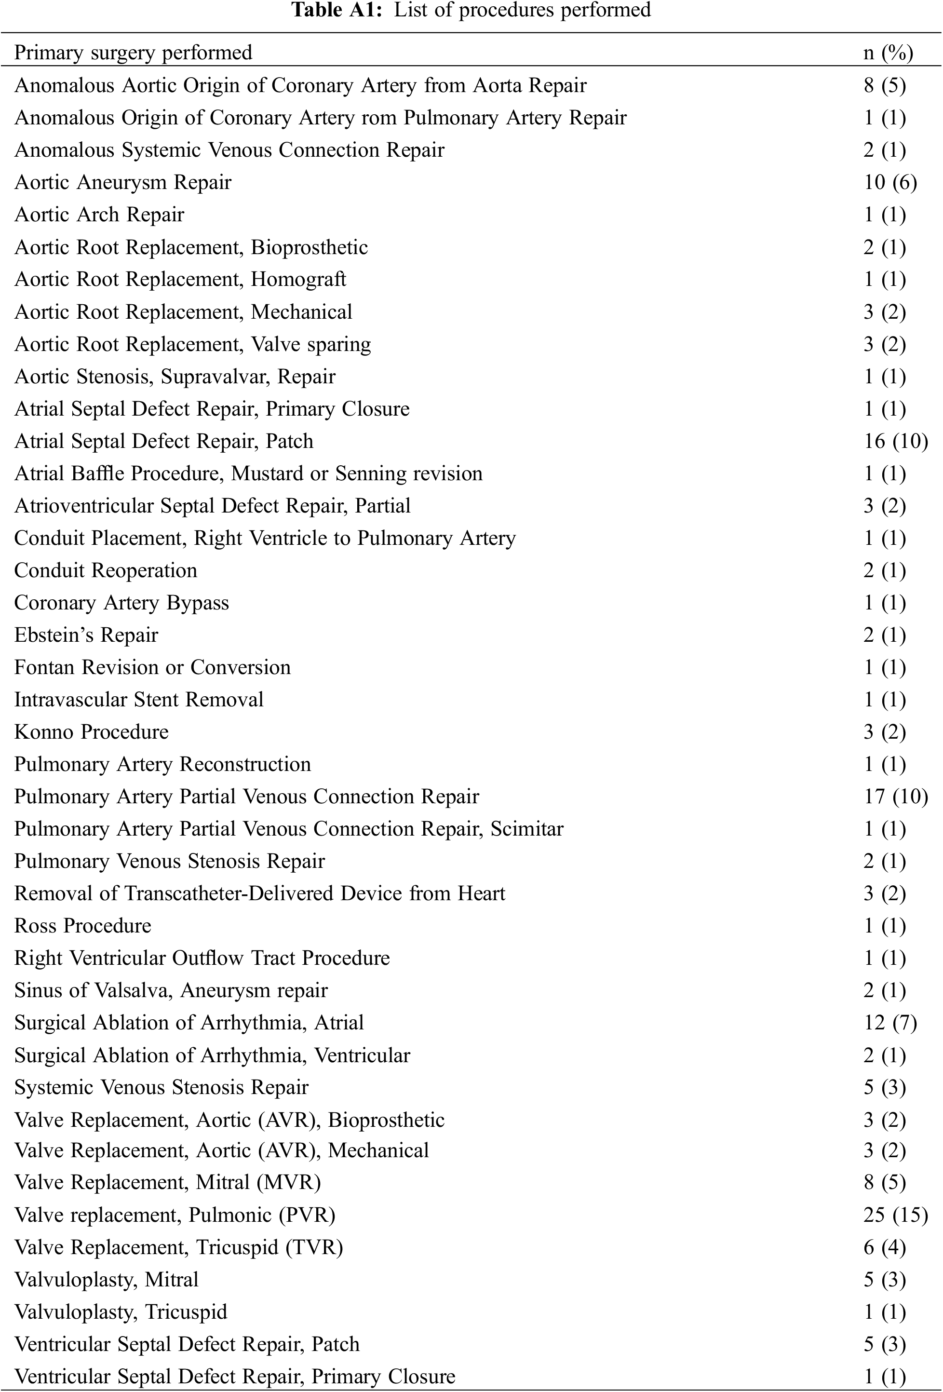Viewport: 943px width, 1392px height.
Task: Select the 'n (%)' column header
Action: coord(888,53)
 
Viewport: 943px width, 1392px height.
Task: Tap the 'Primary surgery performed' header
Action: coord(133,53)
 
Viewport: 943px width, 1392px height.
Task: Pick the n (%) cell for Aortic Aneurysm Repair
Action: coord(889,182)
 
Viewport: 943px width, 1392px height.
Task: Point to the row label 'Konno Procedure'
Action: coord(91,732)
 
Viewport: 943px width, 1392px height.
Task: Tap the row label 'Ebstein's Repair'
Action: coord(86,635)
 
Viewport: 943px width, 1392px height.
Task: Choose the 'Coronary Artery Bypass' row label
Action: coord(121,603)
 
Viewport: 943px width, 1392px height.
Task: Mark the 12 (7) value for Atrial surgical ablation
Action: coord(889,1023)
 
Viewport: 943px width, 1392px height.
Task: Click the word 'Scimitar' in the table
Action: coord(527,829)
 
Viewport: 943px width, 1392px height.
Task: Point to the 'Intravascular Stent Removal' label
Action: coord(139,700)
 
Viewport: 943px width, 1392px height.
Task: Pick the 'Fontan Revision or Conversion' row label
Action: coord(152,667)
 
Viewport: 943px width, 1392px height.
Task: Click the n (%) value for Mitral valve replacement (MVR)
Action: coord(884,1182)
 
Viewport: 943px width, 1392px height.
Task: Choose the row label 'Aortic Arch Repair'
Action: coord(99,215)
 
